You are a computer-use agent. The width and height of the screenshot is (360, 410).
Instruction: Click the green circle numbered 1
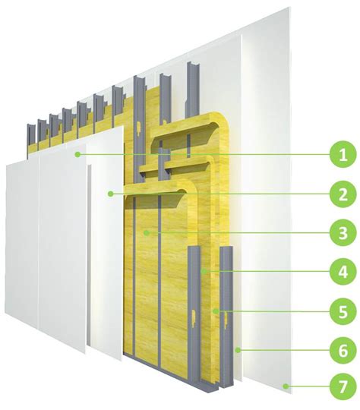tap(343, 155)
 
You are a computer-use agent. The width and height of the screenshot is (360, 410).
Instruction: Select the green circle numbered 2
tap(343, 194)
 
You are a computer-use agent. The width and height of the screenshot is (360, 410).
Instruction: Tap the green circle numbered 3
tap(343, 233)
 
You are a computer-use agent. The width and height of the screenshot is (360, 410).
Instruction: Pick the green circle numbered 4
tap(343, 272)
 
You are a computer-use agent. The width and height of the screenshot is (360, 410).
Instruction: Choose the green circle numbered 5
tap(343, 311)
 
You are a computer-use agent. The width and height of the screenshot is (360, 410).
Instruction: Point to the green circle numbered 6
tap(343, 350)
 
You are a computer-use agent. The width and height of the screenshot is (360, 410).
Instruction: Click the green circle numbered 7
tap(343, 386)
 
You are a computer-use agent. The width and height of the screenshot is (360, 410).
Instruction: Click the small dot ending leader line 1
tap(77, 155)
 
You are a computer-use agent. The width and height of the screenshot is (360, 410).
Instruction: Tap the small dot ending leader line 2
tap(111, 194)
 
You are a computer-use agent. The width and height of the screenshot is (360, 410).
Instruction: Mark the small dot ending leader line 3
tap(147, 232)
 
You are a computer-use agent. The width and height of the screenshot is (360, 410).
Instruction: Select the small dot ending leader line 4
tap(204, 271)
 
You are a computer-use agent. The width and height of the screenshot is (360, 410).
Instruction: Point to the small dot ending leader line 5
tap(216, 311)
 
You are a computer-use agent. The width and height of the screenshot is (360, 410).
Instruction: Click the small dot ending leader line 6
tap(238, 350)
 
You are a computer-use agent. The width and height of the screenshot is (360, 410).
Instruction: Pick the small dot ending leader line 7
tap(286, 386)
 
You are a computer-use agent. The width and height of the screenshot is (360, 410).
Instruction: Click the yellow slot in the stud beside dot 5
tap(226, 320)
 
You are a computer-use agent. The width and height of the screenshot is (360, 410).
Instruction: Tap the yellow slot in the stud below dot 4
tap(194, 318)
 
